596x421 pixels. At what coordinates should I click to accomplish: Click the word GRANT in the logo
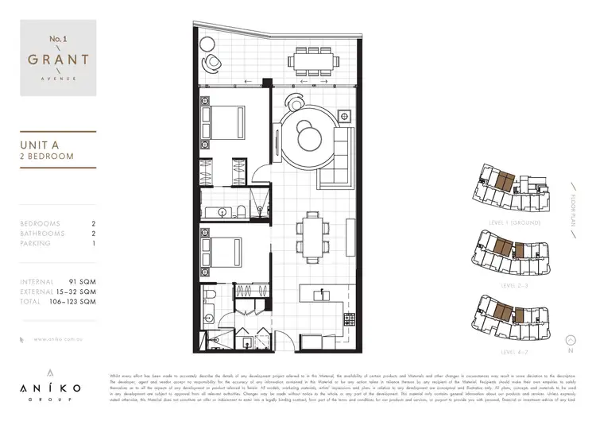[56, 60]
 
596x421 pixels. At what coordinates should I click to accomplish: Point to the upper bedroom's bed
[223, 122]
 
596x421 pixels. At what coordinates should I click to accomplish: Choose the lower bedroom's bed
[224, 254]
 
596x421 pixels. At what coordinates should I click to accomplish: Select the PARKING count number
[94, 243]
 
